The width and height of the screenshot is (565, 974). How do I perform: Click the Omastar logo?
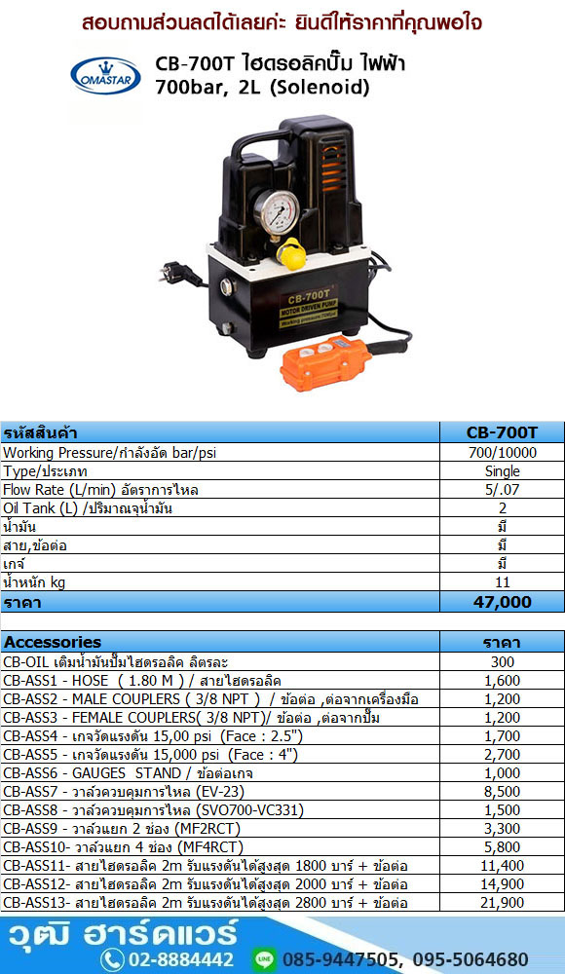click(x=105, y=75)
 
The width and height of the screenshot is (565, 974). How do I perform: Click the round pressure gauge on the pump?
click(x=276, y=212)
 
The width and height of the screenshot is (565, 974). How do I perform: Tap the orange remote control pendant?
click(x=325, y=362)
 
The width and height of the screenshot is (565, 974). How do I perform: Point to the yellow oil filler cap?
click(x=291, y=253)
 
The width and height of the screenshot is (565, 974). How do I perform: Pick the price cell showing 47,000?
click(x=503, y=602)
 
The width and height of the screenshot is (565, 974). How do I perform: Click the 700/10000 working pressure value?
click(x=503, y=453)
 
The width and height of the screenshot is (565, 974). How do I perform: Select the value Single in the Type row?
click(x=503, y=471)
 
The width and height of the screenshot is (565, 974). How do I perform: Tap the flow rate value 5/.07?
click(x=503, y=490)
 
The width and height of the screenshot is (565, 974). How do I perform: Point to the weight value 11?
click(x=503, y=582)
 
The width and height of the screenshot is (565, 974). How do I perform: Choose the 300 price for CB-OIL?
click(x=503, y=662)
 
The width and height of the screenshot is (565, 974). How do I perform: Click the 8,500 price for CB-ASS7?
click(x=503, y=792)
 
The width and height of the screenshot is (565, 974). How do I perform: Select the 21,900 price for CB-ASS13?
click(x=503, y=903)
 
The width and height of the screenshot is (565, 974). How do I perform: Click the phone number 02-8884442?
click(x=180, y=959)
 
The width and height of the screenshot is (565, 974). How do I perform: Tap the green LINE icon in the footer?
click(x=265, y=959)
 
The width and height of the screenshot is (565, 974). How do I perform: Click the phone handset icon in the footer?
click(x=112, y=959)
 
